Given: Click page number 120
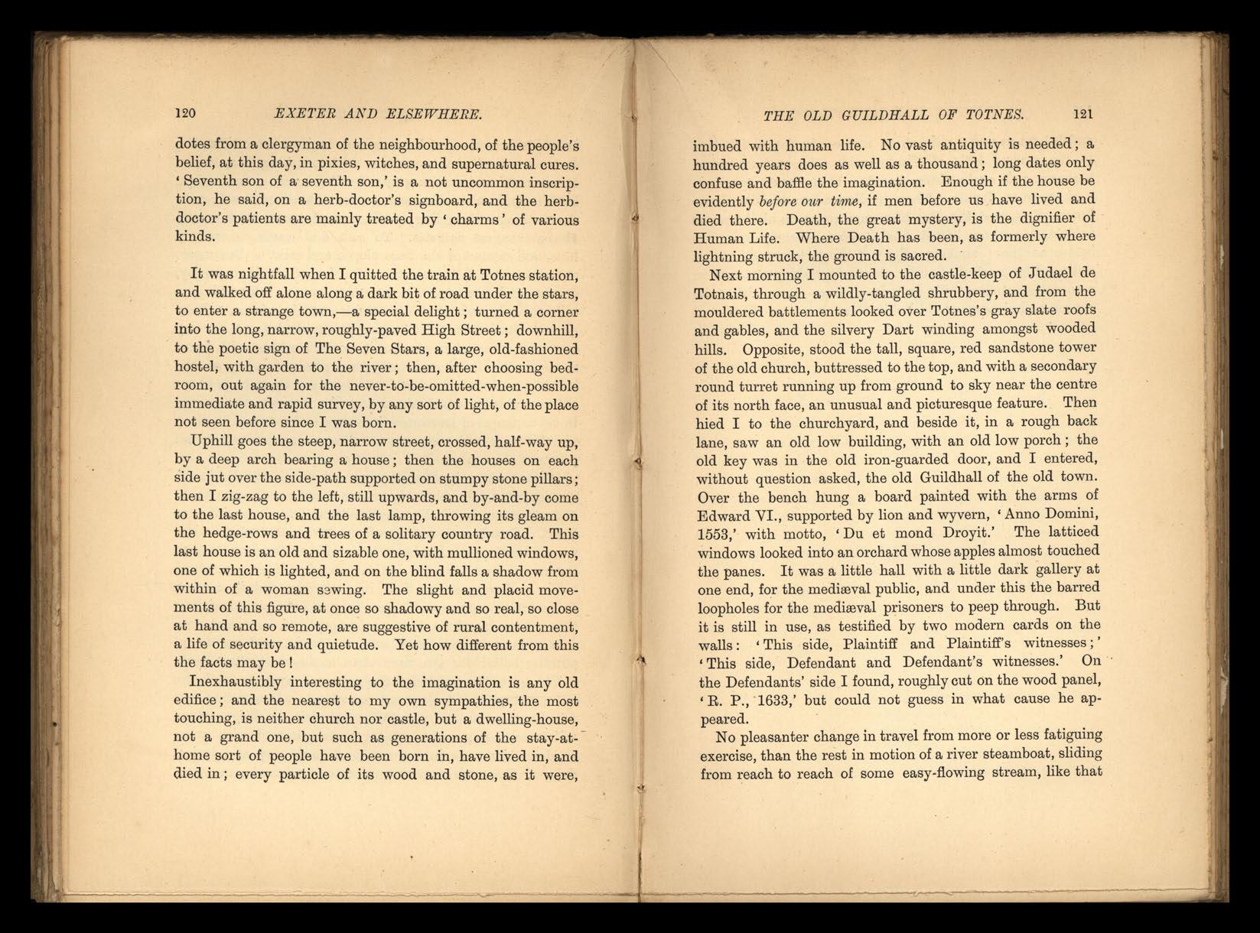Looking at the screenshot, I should [186, 114].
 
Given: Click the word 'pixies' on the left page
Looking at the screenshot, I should [353, 162].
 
